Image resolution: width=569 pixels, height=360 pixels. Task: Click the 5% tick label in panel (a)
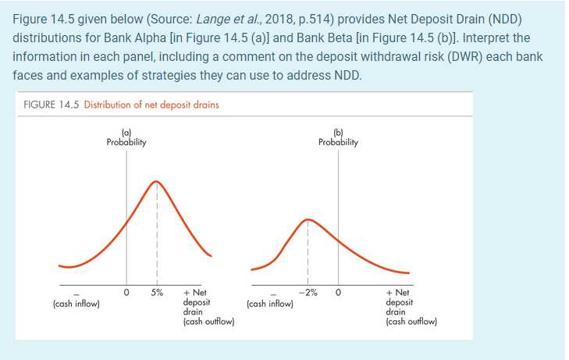click(x=157, y=293)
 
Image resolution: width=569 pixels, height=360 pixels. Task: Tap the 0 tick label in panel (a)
click(x=126, y=293)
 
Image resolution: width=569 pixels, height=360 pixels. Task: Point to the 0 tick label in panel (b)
click(x=338, y=293)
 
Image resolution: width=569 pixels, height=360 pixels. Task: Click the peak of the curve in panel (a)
click(x=157, y=182)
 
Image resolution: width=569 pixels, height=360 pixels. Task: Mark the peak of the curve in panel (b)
click(x=307, y=218)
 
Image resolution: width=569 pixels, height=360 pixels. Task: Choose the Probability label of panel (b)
click(x=338, y=143)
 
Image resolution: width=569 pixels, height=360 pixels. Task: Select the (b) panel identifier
click(x=338, y=134)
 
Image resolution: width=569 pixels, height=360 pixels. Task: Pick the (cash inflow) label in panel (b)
click(x=269, y=304)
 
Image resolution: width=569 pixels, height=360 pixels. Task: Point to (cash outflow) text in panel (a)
click(x=208, y=320)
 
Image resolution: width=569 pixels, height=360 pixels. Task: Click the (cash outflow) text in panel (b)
click(x=411, y=320)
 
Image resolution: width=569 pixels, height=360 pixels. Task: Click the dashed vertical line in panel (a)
click(x=157, y=234)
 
